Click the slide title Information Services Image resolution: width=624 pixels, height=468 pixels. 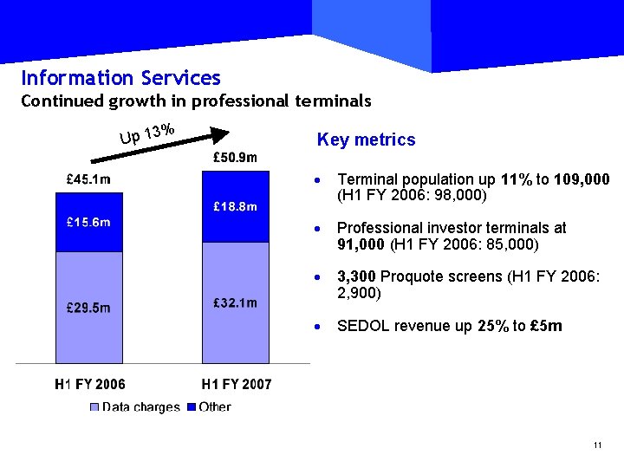click(x=120, y=78)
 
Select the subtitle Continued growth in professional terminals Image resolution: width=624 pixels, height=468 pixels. click(x=196, y=101)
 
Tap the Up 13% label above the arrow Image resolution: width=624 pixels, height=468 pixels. click(x=147, y=134)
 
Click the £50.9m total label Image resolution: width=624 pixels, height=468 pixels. click(x=235, y=157)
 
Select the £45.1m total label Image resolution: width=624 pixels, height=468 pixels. click(x=88, y=179)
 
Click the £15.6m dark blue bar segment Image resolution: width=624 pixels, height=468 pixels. click(x=88, y=223)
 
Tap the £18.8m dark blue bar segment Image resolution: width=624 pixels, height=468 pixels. click(x=235, y=206)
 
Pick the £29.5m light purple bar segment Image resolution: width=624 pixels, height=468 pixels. click(x=88, y=307)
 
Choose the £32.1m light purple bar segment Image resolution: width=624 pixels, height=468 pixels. click(x=235, y=302)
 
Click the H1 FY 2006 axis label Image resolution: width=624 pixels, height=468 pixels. click(x=89, y=384)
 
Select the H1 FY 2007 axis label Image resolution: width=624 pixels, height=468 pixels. click(x=236, y=384)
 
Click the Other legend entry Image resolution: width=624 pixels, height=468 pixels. click(x=208, y=406)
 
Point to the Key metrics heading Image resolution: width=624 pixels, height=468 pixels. click(x=366, y=140)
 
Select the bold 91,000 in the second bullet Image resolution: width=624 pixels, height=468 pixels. click(x=361, y=244)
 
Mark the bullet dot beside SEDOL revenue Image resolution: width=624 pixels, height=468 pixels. click(x=320, y=327)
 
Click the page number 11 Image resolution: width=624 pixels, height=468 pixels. click(x=597, y=445)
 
